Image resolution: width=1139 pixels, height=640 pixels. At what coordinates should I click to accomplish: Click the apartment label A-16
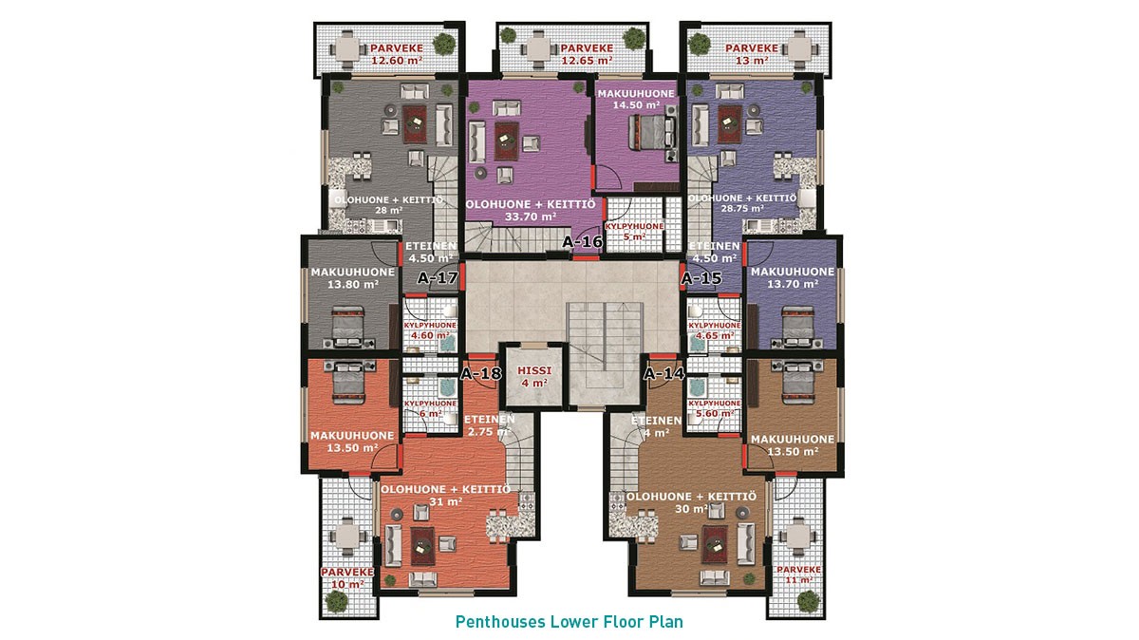click(582, 242)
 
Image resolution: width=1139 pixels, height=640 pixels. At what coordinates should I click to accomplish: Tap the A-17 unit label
click(438, 278)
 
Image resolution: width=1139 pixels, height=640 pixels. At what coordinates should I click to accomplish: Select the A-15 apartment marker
click(701, 278)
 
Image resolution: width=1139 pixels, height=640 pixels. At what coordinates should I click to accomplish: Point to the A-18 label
click(480, 374)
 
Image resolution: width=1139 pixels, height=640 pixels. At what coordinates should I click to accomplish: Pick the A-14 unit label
click(664, 374)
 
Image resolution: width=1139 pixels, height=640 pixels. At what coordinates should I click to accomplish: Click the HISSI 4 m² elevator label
click(534, 376)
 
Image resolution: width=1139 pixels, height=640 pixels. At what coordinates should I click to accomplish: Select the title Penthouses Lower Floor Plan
click(569, 622)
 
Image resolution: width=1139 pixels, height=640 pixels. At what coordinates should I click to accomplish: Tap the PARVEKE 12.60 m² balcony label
click(397, 54)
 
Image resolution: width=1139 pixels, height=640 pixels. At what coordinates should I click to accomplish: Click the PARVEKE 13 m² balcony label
click(752, 54)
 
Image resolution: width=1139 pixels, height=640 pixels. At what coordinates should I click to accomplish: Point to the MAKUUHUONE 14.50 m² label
click(636, 99)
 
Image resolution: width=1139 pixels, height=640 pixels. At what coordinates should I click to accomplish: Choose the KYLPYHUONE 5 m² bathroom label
click(634, 232)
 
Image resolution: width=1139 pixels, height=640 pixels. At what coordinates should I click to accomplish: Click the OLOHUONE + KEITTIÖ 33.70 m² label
click(531, 210)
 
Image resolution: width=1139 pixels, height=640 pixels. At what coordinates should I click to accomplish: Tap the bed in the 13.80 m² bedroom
click(348, 327)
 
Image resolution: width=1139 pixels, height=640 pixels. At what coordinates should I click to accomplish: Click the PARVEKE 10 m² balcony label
click(347, 578)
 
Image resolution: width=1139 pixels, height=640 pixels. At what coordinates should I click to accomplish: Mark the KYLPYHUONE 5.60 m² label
click(715, 408)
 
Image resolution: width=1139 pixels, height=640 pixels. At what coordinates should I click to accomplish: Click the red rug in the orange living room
click(422, 546)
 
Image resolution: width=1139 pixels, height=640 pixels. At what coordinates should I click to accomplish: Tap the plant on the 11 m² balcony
click(808, 601)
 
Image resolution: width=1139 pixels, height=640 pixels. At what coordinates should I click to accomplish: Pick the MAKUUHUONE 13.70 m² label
click(793, 278)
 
